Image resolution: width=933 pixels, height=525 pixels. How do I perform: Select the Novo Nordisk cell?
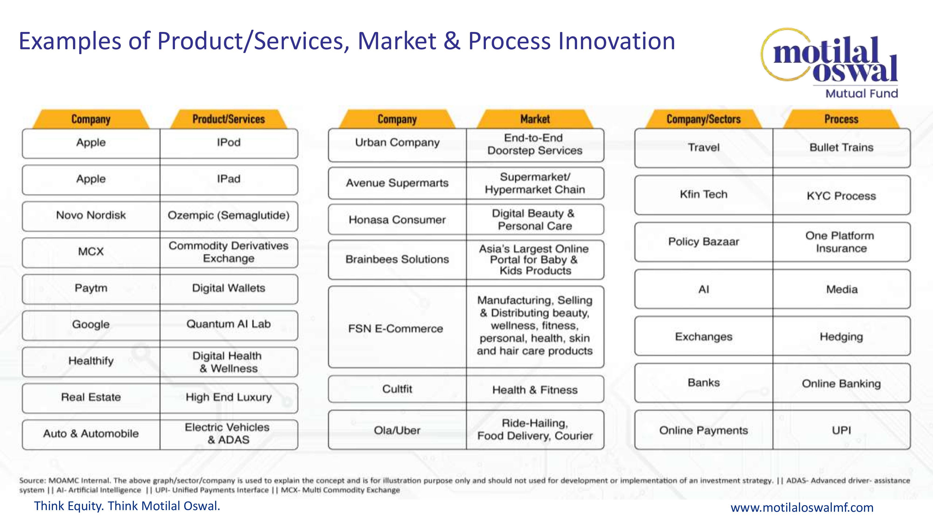(91, 216)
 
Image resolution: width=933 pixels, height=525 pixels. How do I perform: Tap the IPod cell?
(229, 143)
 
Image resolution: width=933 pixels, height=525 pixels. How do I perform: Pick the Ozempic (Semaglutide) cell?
(229, 216)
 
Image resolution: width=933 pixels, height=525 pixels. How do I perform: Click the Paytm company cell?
(91, 289)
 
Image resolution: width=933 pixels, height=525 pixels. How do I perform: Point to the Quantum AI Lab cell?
(229, 325)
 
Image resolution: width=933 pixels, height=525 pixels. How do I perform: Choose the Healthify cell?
(91, 362)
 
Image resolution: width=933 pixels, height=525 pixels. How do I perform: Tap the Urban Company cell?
(397, 145)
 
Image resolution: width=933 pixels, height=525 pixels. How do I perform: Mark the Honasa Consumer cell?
(397, 220)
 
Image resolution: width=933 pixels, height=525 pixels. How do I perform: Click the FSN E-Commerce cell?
(397, 327)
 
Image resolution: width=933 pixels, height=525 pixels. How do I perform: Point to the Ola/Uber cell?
(397, 430)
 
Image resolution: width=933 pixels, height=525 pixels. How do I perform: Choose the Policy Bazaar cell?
(704, 242)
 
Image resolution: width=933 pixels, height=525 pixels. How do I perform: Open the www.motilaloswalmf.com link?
(802, 507)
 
